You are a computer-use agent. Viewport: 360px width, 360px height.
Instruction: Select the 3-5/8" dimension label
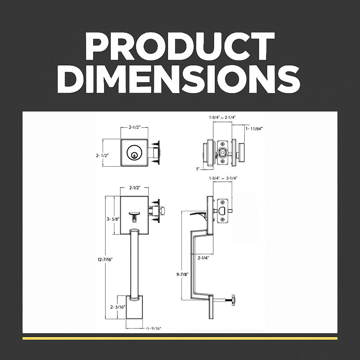(112, 219)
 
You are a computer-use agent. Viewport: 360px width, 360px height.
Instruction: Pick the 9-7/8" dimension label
(182, 274)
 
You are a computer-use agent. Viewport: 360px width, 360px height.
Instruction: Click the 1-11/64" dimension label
(254, 129)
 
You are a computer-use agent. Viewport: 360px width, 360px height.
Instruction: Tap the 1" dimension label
(198, 169)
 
